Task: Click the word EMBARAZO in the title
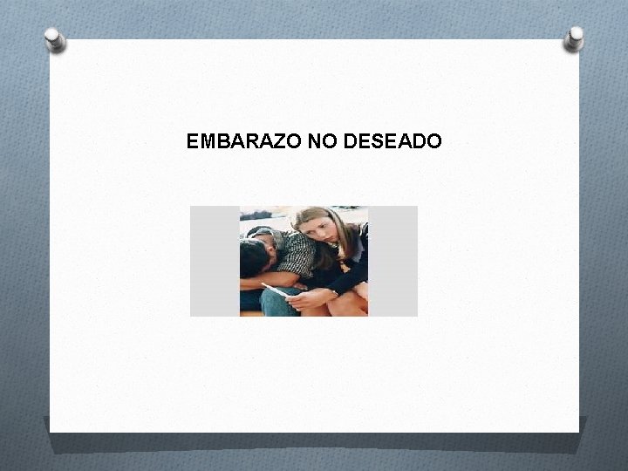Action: (x=244, y=140)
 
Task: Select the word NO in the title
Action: (x=323, y=140)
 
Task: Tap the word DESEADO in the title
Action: (x=393, y=140)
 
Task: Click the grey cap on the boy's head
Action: (x=260, y=233)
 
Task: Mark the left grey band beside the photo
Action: (x=215, y=261)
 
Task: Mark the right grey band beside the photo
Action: (x=392, y=261)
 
